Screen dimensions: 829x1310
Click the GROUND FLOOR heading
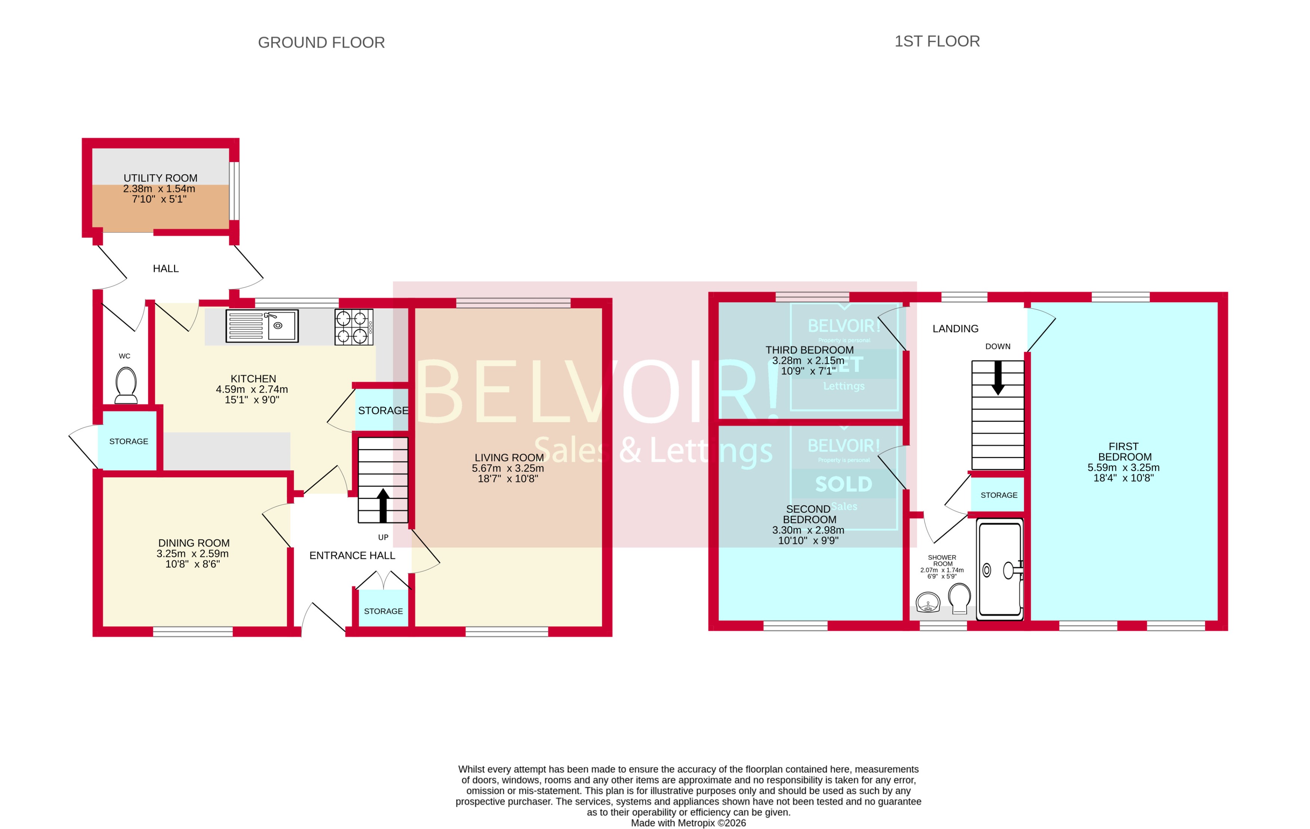[x=321, y=42]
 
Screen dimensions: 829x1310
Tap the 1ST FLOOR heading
[x=937, y=41]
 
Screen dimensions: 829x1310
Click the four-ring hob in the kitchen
[x=354, y=327]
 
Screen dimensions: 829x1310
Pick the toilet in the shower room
[x=959, y=598]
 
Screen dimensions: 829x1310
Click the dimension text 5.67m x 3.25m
[x=508, y=468]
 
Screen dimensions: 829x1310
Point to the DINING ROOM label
[x=194, y=543]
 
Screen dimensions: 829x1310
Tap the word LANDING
[x=955, y=329]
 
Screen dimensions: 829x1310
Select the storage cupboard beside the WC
[x=128, y=441]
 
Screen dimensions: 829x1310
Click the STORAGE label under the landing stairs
[x=999, y=495]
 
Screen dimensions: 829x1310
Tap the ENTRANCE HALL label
[x=352, y=555]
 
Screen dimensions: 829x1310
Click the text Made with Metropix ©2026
[x=688, y=823]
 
